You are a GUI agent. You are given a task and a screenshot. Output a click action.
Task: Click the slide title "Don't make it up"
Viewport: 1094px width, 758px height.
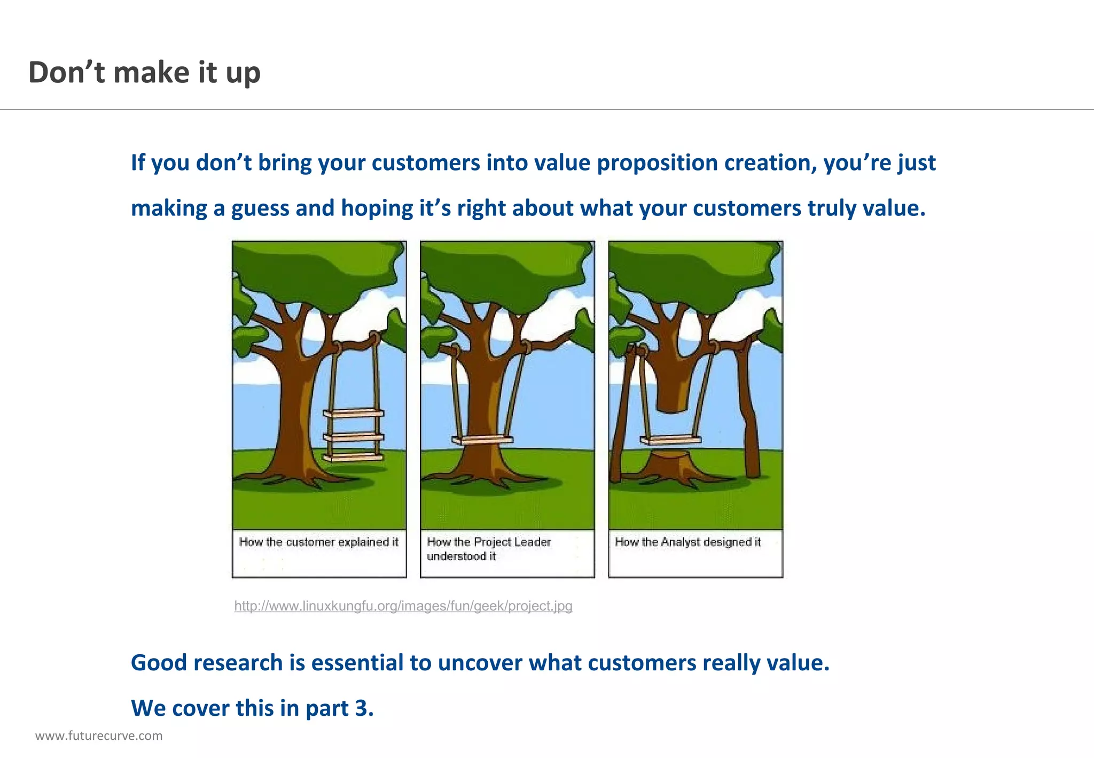tap(144, 73)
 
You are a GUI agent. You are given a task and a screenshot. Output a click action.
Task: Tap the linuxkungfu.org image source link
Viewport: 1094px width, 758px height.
tap(403, 606)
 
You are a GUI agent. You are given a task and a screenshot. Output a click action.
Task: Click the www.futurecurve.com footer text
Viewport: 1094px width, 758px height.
tap(99, 736)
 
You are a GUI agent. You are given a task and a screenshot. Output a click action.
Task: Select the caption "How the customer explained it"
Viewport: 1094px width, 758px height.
tap(319, 542)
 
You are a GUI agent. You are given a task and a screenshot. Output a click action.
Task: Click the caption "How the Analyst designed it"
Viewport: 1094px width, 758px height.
tap(688, 542)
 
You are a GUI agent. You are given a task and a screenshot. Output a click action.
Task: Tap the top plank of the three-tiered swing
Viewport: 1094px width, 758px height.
tap(353, 413)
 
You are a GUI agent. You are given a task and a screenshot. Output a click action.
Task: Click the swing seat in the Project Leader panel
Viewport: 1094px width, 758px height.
tap(482, 440)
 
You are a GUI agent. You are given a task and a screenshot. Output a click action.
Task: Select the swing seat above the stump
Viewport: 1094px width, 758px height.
tap(670, 440)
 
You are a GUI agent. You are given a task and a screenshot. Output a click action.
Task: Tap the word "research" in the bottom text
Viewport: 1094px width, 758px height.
tap(238, 663)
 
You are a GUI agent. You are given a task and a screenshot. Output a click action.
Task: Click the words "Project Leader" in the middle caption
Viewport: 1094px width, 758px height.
tap(512, 542)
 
